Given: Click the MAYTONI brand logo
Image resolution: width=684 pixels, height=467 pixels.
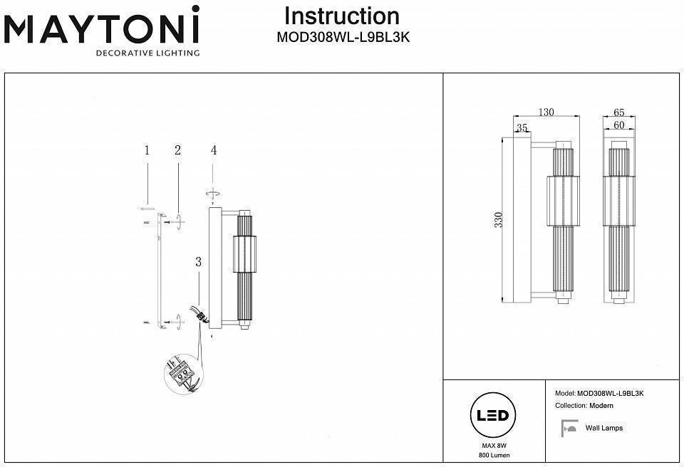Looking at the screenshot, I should coord(102,28).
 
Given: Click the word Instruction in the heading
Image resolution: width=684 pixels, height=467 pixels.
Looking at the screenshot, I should coord(342,16).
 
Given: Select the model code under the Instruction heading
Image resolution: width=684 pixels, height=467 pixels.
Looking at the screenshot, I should coord(342,38).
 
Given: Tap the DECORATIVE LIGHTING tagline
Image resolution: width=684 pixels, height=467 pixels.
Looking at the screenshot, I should coord(147,53).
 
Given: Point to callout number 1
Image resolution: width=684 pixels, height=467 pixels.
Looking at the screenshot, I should coord(147,150).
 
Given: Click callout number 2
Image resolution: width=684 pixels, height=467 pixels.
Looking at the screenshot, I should coord(177,150).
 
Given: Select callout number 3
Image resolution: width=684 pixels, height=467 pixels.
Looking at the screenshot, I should coord(199,261).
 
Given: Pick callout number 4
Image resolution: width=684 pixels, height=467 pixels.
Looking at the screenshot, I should coord(213,150).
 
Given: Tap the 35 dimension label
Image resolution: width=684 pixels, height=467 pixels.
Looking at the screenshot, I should coord(522,128).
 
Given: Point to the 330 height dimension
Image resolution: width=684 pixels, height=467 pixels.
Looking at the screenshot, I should coord(499,221).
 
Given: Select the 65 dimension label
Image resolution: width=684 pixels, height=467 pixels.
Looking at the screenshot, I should coord(618,112).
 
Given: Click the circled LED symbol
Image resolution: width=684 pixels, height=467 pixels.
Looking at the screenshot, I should coord(491,416).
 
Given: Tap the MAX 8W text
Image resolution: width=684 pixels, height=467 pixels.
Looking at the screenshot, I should coord(489,445).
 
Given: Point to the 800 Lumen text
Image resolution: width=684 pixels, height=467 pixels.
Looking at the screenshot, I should coord(494,455).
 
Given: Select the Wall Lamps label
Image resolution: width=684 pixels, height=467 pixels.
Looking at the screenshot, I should coord(603,428).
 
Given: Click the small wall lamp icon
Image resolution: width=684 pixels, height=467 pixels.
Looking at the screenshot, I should coord(569,429).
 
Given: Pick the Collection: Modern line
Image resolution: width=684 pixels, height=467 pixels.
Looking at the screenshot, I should coord(584,406).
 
